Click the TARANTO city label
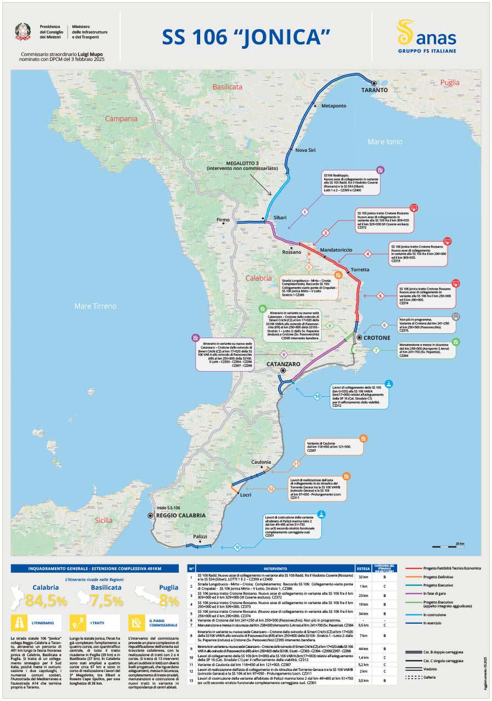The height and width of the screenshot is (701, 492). tap(375, 90)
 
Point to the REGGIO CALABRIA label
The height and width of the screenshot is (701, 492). tap(181, 516)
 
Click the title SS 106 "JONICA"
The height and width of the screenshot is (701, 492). tap(246, 37)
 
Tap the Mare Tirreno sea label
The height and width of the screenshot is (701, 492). tap(95, 306)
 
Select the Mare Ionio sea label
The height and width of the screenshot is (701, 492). tap(384, 142)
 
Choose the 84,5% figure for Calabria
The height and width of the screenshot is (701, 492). tap(46, 601)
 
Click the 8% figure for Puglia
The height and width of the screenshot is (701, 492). tap(169, 601)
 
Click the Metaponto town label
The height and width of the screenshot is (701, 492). tap(333, 105)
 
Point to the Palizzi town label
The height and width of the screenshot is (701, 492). tap(200, 537)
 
